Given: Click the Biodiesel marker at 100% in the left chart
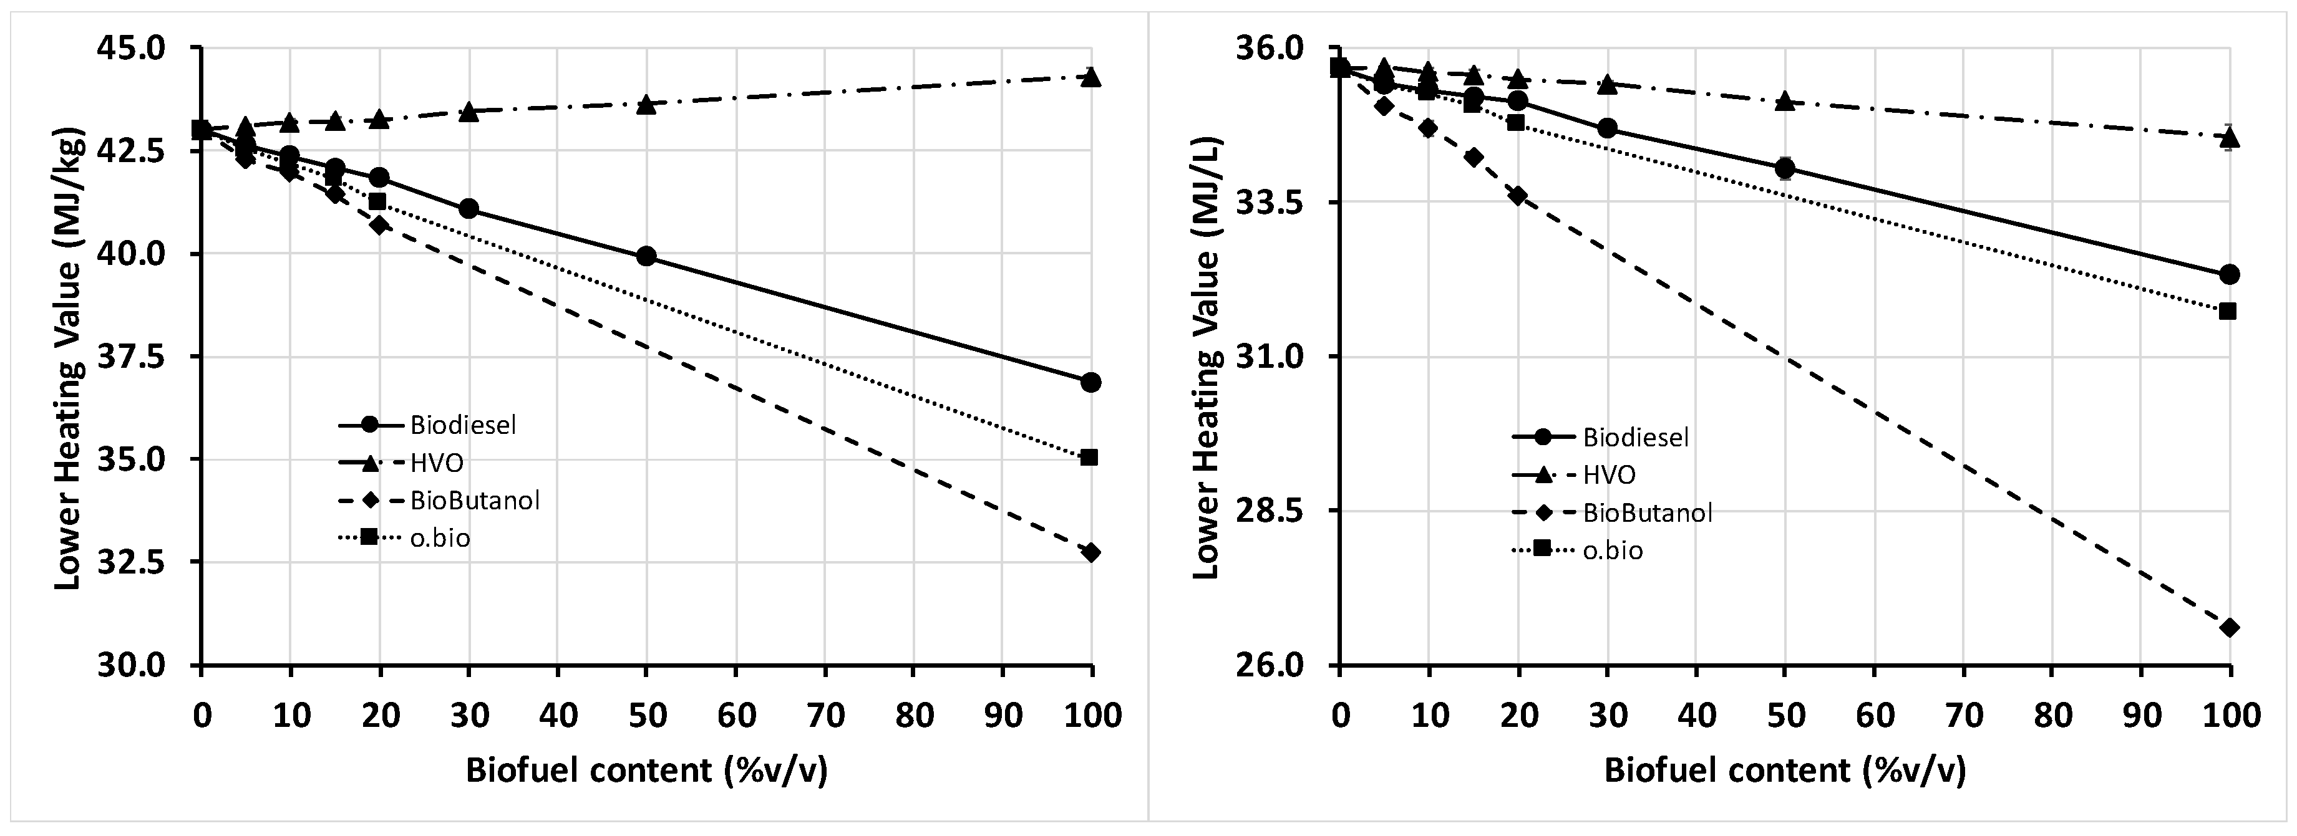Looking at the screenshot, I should tap(1090, 382).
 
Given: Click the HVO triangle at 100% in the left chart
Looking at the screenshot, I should tap(1090, 77).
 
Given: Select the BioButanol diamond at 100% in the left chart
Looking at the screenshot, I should tap(1090, 552).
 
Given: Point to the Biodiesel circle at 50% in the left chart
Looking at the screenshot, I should tap(646, 257).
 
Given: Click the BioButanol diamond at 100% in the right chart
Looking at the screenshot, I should tap(2229, 627).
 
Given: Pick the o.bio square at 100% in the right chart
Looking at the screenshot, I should tap(2228, 311).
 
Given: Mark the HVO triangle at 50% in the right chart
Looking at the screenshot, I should tap(1784, 102).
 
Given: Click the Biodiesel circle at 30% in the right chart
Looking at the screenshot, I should tap(1607, 129).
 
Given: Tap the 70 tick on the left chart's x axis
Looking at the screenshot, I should tap(825, 716).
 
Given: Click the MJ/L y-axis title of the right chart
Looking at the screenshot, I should tap(1205, 357).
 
